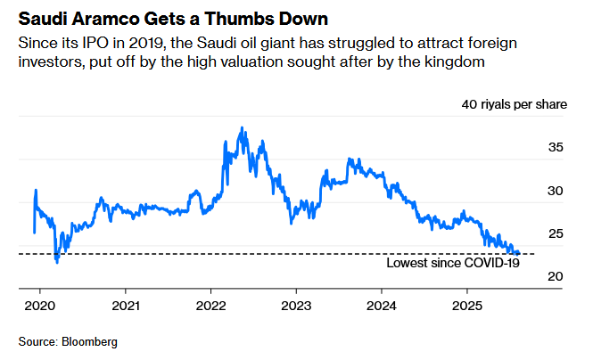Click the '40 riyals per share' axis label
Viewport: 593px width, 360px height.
coord(514,105)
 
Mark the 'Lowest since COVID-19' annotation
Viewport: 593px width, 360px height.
coord(453,263)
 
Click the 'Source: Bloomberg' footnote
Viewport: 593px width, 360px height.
coord(68,341)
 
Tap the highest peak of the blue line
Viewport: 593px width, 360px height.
coord(242,128)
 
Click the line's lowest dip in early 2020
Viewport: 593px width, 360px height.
coord(57,262)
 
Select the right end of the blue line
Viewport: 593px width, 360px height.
coord(520,254)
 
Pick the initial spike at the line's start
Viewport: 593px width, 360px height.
coord(35,190)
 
